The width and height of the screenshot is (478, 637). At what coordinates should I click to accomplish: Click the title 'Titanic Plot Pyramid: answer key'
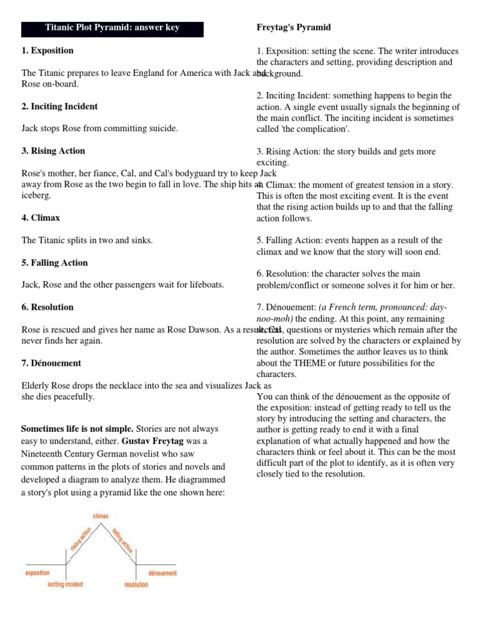click(112, 29)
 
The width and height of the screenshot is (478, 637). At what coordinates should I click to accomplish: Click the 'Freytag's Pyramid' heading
click(294, 28)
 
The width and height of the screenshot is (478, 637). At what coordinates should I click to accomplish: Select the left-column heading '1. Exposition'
click(47, 50)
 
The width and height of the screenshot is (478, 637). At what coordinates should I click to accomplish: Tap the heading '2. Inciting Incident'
click(59, 106)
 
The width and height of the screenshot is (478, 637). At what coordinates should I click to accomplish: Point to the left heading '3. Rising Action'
click(54, 151)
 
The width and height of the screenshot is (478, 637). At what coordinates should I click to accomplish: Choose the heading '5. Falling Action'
click(55, 263)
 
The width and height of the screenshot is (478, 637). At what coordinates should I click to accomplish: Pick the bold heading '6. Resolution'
click(47, 307)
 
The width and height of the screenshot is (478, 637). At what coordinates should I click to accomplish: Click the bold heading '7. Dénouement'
click(51, 363)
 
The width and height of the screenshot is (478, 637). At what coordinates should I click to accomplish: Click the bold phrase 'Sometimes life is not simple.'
click(77, 429)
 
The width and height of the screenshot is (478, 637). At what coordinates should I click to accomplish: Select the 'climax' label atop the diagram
click(101, 516)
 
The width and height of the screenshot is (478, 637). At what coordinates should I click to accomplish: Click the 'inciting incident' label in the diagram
click(65, 584)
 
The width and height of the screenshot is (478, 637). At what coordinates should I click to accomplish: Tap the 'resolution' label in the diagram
click(136, 584)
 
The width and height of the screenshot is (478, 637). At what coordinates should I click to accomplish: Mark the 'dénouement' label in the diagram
click(162, 572)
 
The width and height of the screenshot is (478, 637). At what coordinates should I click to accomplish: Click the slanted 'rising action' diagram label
click(81, 539)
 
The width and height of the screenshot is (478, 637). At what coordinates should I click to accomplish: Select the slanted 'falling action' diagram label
click(122, 539)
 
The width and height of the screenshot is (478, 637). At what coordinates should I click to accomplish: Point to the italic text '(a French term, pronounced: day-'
click(383, 308)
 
